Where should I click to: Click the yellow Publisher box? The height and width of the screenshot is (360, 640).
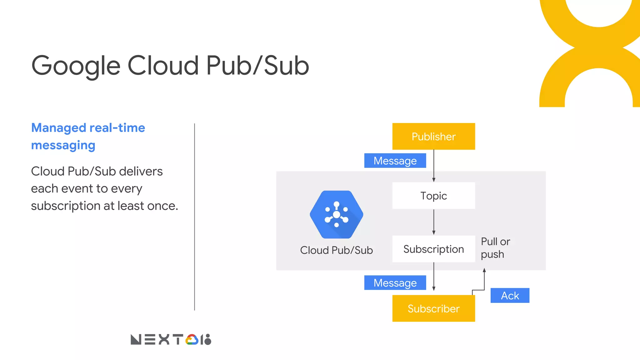click(x=433, y=136)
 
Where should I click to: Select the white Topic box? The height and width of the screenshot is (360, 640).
click(x=433, y=196)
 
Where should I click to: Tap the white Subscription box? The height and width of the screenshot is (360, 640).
click(x=433, y=249)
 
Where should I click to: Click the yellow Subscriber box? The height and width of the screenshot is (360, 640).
click(x=433, y=308)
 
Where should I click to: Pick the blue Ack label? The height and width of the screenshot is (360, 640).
click(x=510, y=295)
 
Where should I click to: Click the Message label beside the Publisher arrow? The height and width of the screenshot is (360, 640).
click(x=395, y=161)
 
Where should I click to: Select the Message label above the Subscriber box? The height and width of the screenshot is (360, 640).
click(x=395, y=283)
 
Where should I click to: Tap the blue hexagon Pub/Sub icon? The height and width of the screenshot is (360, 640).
click(x=336, y=214)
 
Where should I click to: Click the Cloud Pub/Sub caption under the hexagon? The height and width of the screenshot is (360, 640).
click(x=336, y=250)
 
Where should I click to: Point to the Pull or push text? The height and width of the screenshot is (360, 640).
click(x=495, y=248)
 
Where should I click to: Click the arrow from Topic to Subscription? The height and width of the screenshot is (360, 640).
click(x=434, y=222)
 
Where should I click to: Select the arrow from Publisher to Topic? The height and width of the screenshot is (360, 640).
click(x=434, y=166)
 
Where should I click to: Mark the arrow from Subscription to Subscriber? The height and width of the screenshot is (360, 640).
click(x=434, y=276)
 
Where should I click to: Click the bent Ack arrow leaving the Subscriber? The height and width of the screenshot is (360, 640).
click(x=484, y=281)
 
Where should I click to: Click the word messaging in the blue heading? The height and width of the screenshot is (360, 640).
click(x=63, y=145)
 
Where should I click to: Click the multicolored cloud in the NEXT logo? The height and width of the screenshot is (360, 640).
click(x=192, y=340)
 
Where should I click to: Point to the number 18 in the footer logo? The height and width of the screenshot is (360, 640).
click(x=206, y=340)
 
